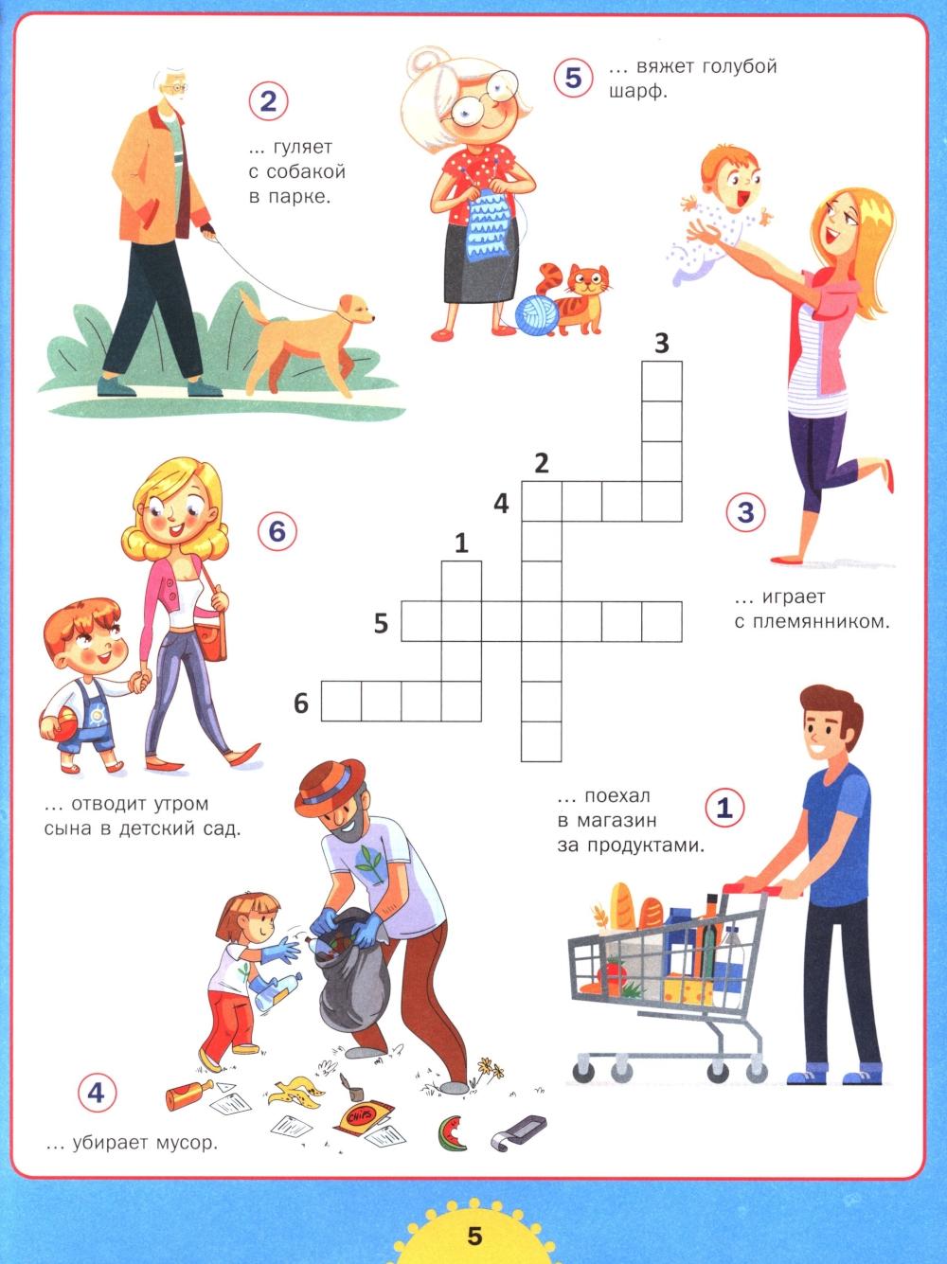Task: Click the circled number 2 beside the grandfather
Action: pyautogui.click(x=268, y=102)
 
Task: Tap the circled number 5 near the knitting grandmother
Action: pyautogui.click(x=573, y=77)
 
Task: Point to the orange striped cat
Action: pyautogui.click(x=576, y=298)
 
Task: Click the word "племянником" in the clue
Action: pyautogui.click(x=812, y=622)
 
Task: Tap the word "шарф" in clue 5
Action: pyautogui.click(x=638, y=92)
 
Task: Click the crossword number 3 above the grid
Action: pyautogui.click(x=662, y=343)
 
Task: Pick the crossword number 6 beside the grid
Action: pyautogui.click(x=301, y=703)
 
